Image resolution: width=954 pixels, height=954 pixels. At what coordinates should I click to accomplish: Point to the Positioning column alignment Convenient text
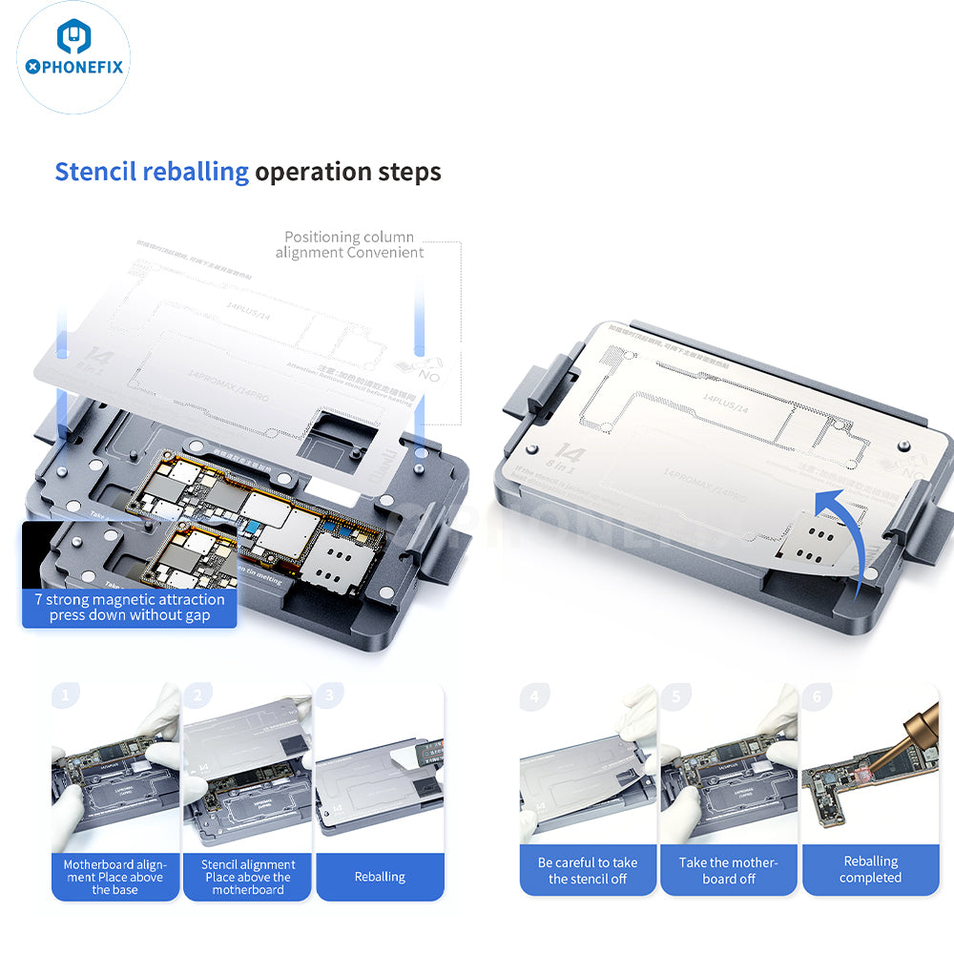(x=349, y=244)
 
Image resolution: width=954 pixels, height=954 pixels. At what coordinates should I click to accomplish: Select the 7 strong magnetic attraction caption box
(x=129, y=607)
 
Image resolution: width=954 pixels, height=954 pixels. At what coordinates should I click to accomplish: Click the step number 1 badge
(x=65, y=695)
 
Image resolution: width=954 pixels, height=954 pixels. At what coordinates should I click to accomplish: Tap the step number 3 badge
(x=329, y=695)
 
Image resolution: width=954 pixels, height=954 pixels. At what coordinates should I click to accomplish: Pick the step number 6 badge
(x=817, y=696)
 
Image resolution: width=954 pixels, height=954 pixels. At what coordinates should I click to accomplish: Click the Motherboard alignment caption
(x=114, y=877)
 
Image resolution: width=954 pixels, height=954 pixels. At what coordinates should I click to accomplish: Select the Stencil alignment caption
(x=248, y=877)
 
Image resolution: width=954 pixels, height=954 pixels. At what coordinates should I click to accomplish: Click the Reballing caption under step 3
(x=380, y=877)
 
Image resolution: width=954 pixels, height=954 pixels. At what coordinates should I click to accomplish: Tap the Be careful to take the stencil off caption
(x=587, y=870)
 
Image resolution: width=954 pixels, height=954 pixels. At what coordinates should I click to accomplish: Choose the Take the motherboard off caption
(x=728, y=870)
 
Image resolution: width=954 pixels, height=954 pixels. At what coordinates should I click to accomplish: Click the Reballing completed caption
(x=870, y=869)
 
